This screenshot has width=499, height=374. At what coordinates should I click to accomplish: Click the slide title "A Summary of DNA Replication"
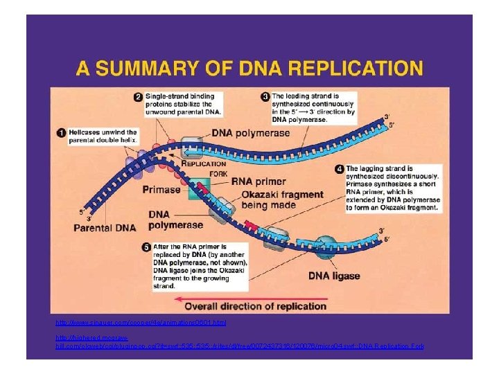(x=249, y=69)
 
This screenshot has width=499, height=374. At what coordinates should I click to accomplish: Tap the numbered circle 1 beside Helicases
(x=61, y=132)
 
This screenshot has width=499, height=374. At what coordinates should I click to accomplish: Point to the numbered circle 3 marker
(x=265, y=96)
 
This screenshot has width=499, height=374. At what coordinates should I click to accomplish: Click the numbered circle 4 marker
(x=339, y=168)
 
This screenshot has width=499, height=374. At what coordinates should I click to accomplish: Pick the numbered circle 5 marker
(x=146, y=246)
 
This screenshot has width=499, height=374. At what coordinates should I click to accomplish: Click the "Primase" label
(x=161, y=188)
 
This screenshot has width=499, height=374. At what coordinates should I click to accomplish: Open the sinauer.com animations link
(x=141, y=323)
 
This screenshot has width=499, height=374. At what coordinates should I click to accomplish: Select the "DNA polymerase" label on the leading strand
(x=251, y=132)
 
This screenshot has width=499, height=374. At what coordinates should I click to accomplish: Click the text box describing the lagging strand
(x=392, y=188)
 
